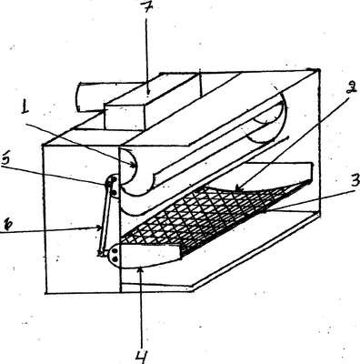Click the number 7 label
tap(145, 7)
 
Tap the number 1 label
tap(25, 107)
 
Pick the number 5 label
tap(6, 160)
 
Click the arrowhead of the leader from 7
tap(147, 90)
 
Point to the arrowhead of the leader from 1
tap(133, 166)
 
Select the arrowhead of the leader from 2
tap(238, 189)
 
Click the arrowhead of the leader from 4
tap(139, 268)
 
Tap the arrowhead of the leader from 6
tap(99, 227)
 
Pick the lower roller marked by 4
tap(147, 257)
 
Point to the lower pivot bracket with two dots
tap(115, 255)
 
